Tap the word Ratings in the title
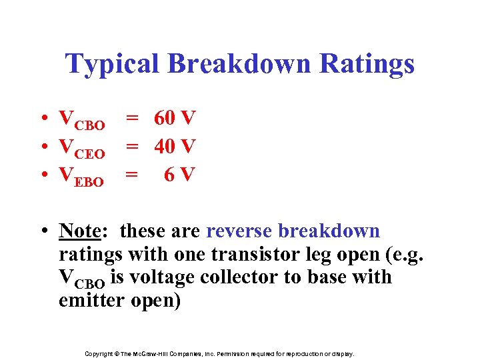tap(367, 65)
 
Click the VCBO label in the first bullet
tap(82, 120)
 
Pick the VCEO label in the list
tap(82, 148)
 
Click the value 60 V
tap(175, 118)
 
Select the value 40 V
tap(175, 146)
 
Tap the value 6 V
tap(179, 175)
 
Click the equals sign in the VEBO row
tap(133, 175)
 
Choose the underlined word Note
tap(79, 231)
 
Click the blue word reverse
tap(239, 231)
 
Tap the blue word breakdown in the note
tap(329, 231)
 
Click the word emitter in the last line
tap(90, 300)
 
